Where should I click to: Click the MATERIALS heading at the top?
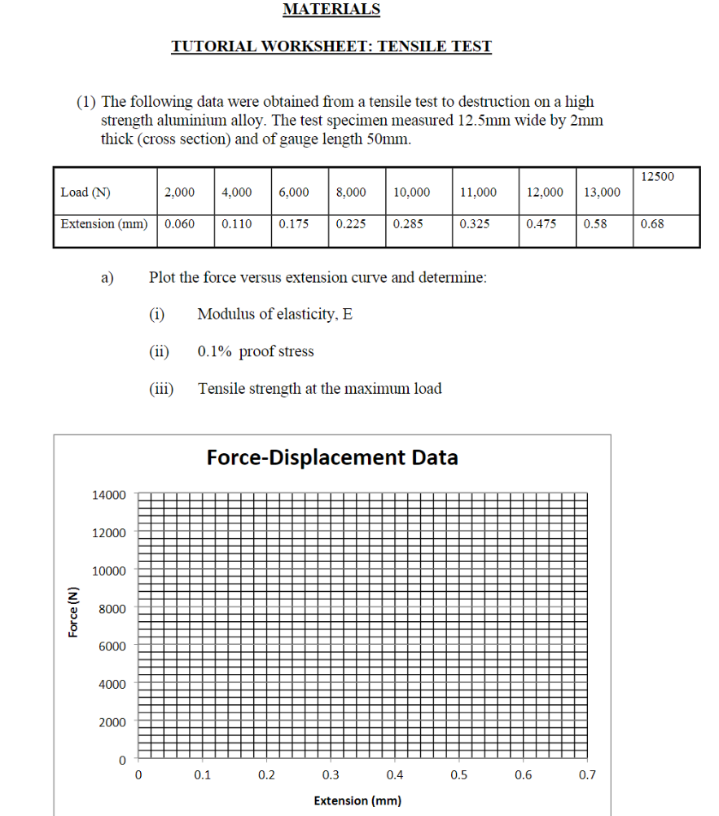[x=331, y=10]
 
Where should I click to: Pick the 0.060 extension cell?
[x=179, y=223]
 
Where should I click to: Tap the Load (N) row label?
[x=85, y=192]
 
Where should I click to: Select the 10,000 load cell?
[x=412, y=192]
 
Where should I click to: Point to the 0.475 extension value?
[x=541, y=223]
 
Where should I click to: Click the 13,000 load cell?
[x=602, y=192]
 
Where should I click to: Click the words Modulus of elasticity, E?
[x=274, y=315]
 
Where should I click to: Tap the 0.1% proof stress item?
[x=255, y=351]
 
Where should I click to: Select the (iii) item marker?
[x=161, y=389]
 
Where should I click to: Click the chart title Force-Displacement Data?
[x=332, y=457]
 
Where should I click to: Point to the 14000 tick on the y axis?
[x=108, y=495]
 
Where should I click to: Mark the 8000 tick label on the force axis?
[x=112, y=609]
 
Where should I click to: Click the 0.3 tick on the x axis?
[x=331, y=775]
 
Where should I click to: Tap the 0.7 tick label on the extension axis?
[x=587, y=775]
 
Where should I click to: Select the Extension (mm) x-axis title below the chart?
[x=357, y=801]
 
